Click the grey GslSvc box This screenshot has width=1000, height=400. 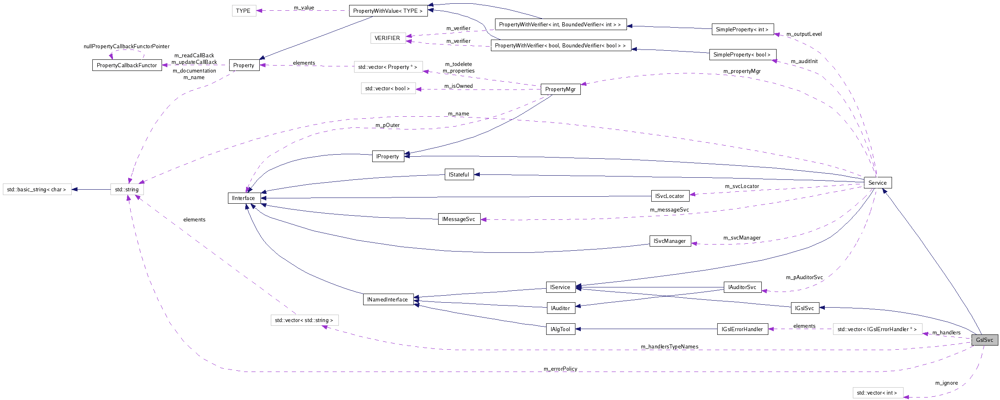[x=984, y=340]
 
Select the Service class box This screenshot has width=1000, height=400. [x=877, y=183]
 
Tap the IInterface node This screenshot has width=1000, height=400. [x=244, y=198]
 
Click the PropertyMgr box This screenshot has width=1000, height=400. [x=560, y=89]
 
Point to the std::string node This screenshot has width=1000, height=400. [x=127, y=189]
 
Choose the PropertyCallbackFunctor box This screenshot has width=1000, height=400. [x=127, y=65]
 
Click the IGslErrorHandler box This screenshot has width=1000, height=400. [x=742, y=329]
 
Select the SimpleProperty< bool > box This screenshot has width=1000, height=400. [x=742, y=54]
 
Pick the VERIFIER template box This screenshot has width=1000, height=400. [x=387, y=38]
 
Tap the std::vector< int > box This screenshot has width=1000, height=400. [x=877, y=393]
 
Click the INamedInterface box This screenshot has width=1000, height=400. [x=387, y=299]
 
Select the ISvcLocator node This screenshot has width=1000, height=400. [x=669, y=196]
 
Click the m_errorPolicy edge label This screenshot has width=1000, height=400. [x=560, y=369]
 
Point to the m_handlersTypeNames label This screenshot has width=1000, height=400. [x=669, y=346]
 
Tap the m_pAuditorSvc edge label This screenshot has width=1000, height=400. [x=804, y=277]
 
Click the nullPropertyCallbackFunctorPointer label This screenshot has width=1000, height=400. [x=127, y=46]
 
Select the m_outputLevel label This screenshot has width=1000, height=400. [x=804, y=34]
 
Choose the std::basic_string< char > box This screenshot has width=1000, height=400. [x=37, y=189]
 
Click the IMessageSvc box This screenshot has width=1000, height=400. [x=458, y=219]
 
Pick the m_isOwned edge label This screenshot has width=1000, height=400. [x=458, y=86]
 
